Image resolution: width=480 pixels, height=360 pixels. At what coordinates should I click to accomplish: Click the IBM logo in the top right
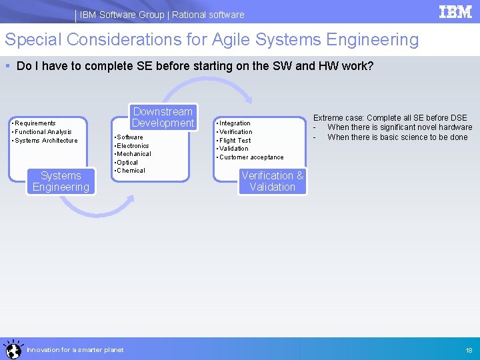point(455,12)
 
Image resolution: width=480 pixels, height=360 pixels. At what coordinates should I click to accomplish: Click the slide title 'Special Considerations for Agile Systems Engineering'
point(212,40)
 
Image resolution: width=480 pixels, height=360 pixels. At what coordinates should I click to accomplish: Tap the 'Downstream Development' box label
point(163,117)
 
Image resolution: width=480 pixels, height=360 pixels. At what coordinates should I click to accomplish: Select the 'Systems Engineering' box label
point(61,181)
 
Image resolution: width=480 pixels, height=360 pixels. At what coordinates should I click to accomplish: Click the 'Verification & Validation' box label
point(272,181)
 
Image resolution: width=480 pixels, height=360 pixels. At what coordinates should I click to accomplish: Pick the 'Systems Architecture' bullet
point(45,141)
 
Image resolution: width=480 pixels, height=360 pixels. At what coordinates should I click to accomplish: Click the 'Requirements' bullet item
point(35,123)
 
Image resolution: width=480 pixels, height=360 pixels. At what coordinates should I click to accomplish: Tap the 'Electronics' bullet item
point(133,146)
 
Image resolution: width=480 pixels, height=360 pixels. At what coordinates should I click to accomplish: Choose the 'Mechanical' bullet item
point(133,154)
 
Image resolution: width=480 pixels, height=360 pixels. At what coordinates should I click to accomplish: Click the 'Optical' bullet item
point(127,163)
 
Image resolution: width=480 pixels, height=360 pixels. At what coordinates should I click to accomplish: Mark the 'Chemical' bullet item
point(131,171)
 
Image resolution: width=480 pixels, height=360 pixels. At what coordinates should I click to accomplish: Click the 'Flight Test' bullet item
point(235,141)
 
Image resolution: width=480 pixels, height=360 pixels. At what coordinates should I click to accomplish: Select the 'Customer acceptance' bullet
point(251,157)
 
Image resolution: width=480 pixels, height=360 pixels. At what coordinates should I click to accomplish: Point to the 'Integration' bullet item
point(235,123)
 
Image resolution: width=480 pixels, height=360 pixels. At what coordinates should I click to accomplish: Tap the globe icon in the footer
point(12,349)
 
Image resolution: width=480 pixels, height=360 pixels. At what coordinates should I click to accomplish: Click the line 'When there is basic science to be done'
point(397,137)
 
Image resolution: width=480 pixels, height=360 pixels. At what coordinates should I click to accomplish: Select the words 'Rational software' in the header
point(208,15)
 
